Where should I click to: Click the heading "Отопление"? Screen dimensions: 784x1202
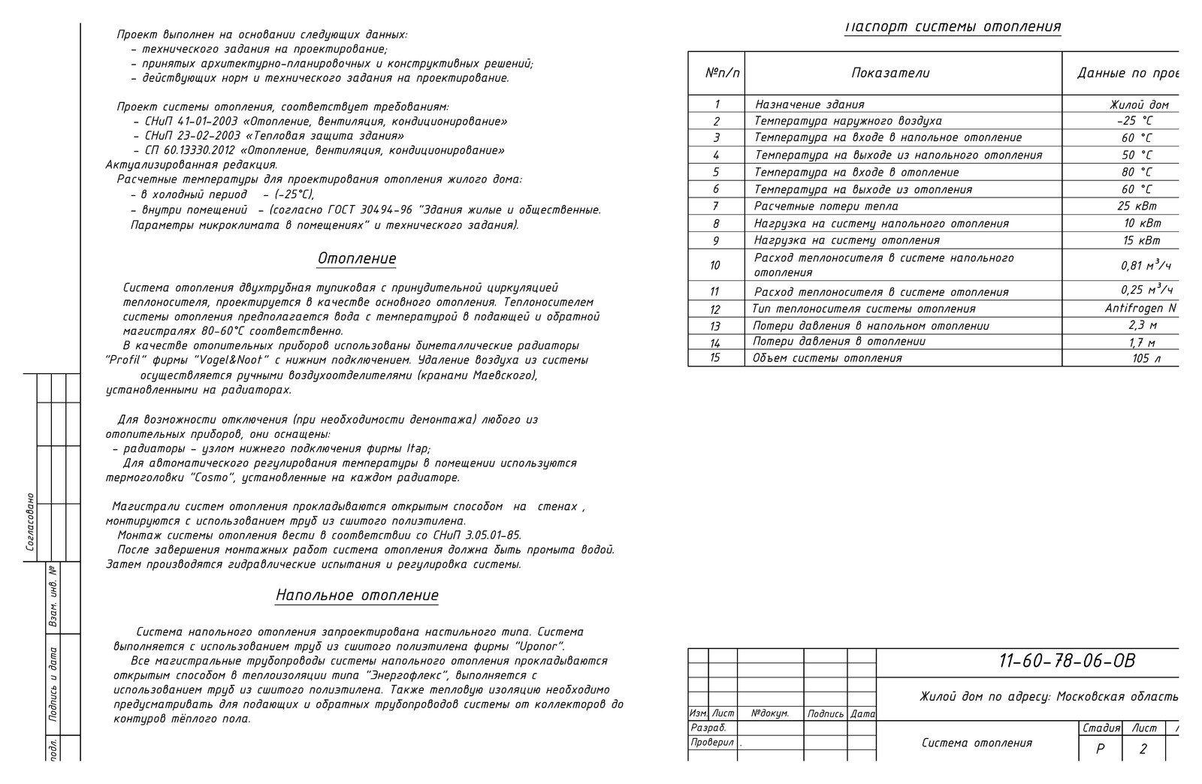click(357, 258)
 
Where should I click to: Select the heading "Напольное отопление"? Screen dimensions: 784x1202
click(357, 596)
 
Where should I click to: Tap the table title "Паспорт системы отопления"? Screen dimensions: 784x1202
click(953, 27)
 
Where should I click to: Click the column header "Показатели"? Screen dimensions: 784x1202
click(890, 73)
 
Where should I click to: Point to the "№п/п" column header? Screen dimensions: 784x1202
click(723, 73)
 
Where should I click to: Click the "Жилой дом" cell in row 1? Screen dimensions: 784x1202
click(1139, 104)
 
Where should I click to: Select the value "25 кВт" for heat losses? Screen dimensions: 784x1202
click(1137, 206)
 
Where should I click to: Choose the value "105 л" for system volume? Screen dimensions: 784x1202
click(1146, 358)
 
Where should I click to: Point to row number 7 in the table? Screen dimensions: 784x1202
click(716, 206)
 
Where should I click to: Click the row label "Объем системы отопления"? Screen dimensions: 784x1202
click(827, 358)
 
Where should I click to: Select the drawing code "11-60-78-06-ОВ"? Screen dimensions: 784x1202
click(1067, 661)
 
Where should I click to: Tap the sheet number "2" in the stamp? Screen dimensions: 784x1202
click(1143, 749)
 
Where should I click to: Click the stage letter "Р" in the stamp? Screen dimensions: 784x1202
click(1101, 749)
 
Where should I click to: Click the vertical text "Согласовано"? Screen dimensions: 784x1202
click(30, 522)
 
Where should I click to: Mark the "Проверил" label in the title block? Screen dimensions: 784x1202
click(712, 742)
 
